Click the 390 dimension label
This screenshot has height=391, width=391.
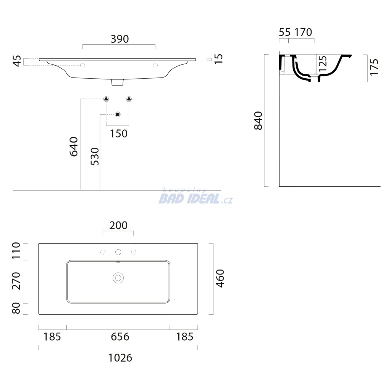(120, 39)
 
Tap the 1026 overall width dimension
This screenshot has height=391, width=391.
(120, 358)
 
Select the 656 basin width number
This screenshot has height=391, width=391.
(120, 337)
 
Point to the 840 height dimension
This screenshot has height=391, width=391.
(258, 121)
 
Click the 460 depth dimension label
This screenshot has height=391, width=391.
(220, 278)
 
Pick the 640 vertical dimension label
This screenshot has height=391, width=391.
(74, 147)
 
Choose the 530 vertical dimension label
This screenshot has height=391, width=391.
(95, 157)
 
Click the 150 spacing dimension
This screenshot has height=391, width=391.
(119, 134)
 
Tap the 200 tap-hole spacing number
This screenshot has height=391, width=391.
(118, 225)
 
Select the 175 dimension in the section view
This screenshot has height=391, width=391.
(374, 67)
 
